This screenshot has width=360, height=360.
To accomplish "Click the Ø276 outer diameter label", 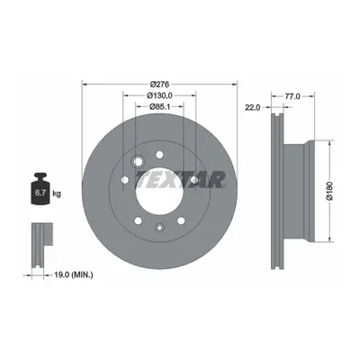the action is (160, 84).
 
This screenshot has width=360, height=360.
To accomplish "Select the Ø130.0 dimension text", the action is (159, 95).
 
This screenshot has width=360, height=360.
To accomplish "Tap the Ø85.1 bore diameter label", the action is (160, 106).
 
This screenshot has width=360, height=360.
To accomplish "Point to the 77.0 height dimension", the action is (292, 96).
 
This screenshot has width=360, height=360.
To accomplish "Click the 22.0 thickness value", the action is (253, 107).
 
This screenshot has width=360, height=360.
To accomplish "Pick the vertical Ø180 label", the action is (329, 191).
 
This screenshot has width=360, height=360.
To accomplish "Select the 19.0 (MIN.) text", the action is (74, 274).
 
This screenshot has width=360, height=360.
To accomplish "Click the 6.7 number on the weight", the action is (40, 193).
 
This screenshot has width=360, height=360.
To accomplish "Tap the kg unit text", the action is (57, 193).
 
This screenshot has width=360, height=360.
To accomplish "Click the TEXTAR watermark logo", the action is (181, 179).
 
